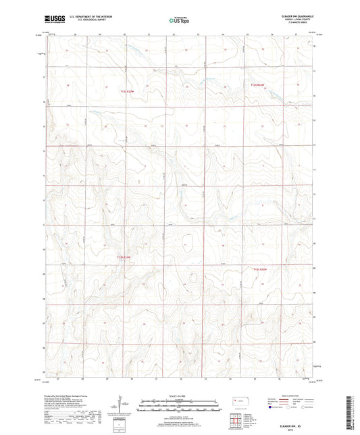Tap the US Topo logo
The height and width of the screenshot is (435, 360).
[179, 21]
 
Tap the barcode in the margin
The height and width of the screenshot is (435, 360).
[351, 412]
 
